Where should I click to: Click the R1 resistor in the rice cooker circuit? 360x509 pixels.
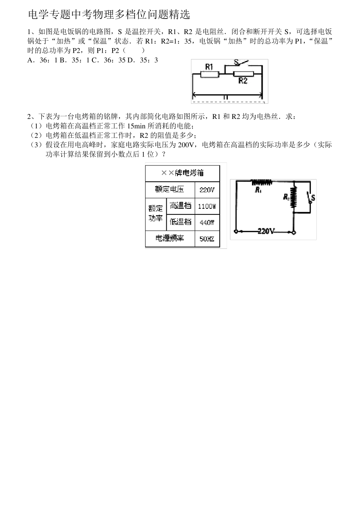point(210,74)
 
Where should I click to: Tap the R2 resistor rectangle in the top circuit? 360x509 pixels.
point(243,74)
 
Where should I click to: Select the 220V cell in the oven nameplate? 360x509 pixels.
point(207,189)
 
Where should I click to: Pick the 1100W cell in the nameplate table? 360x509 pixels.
point(207,206)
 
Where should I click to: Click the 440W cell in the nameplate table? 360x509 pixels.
point(207,222)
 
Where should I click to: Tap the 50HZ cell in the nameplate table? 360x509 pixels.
point(207,239)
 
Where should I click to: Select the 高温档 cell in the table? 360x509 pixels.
point(180,206)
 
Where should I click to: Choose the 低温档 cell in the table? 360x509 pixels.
point(180,222)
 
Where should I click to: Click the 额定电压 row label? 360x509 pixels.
point(169,189)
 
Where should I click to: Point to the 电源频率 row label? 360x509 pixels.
point(169,238)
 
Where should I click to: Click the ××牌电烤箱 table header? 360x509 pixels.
point(182,173)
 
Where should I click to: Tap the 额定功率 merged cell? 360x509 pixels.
point(155,214)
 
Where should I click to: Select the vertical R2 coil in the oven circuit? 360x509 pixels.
point(293,197)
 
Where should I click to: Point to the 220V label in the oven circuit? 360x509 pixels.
point(266,231)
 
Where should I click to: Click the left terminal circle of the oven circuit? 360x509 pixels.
point(236,231)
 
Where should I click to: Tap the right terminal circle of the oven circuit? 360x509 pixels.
point(294,232)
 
